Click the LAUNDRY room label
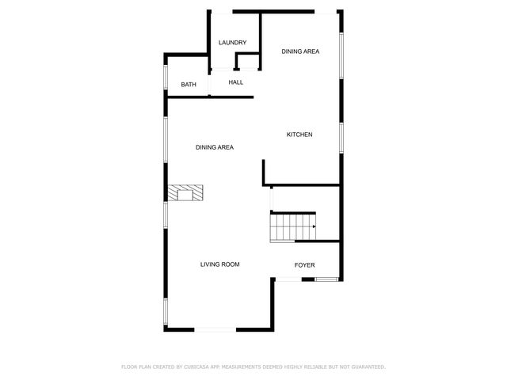point(232,43)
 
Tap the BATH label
point(189,85)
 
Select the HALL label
point(236,82)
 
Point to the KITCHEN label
point(299,135)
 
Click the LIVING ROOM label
point(219,264)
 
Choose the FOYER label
point(305,265)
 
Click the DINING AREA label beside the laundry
point(300,51)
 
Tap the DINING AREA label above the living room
point(215,147)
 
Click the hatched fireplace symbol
point(185,193)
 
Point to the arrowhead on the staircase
point(314,227)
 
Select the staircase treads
point(293,227)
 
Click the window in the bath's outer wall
point(165,76)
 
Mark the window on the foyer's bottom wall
point(326,279)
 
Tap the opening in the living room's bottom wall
point(215,329)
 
